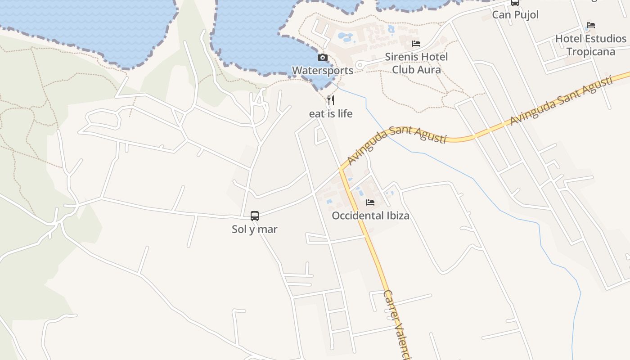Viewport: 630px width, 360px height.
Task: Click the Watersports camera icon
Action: click(x=323, y=58)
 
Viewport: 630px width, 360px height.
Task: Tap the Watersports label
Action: click(x=323, y=71)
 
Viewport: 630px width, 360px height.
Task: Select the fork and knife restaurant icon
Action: click(x=331, y=100)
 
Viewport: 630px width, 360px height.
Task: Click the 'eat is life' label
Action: click(x=331, y=114)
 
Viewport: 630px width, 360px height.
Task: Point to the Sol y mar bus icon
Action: click(x=255, y=216)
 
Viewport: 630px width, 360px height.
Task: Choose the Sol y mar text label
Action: click(x=255, y=229)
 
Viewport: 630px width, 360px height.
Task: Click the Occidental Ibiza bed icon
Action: click(x=370, y=202)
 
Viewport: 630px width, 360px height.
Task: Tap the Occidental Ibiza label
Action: click(x=370, y=216)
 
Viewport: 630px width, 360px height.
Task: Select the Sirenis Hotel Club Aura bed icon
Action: click(x=416, y=44)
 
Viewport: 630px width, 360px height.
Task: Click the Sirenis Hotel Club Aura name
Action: click(x=416, y=63)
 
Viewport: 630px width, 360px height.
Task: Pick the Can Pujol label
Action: click(x=515, y=15)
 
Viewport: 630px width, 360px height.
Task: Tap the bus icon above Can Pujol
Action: click(x=515, y=3)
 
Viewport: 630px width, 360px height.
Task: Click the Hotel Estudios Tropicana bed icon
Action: click(x=591, y=26)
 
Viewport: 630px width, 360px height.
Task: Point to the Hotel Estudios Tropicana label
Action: click(x=591, y=45)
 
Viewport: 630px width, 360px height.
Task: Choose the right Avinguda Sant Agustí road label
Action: click(x=561, y=101)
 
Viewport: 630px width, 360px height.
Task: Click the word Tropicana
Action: click(x=591, y=52)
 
